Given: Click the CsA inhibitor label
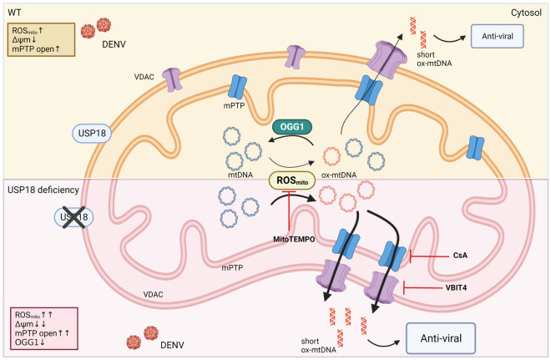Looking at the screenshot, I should pyautogui.click(x=460, y=255).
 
